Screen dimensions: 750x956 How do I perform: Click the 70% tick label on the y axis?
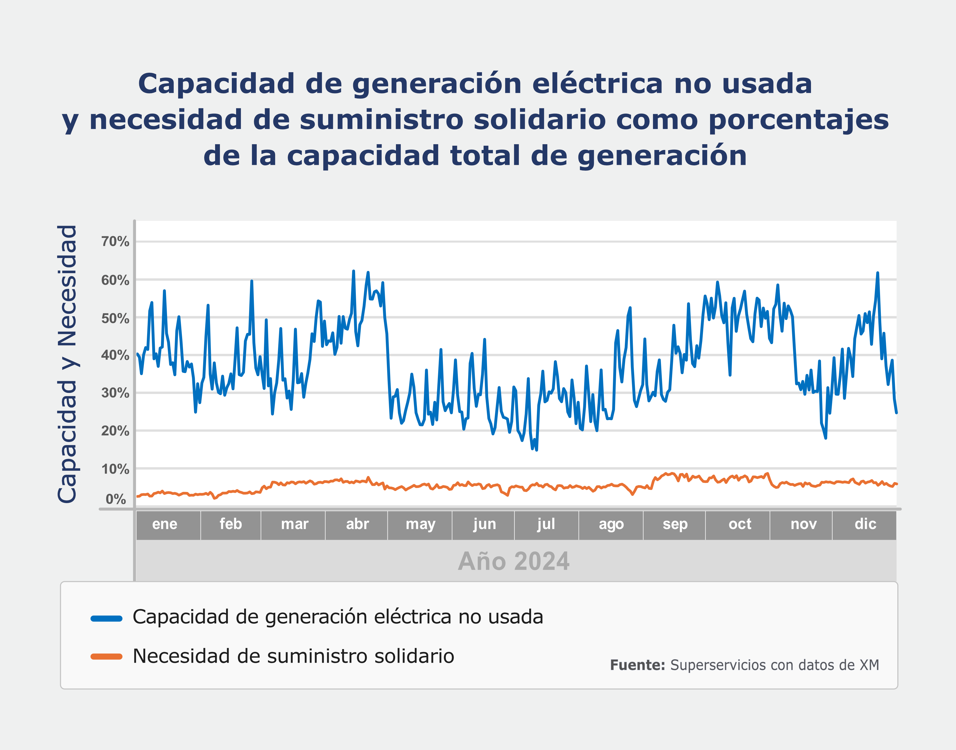115,242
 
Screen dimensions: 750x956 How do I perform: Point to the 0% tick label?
116,499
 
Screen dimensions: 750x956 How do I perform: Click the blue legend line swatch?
106,619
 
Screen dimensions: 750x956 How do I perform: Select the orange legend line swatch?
106,657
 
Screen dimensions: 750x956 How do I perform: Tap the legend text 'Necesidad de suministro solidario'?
293,656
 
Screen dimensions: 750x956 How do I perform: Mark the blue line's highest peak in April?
353,271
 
